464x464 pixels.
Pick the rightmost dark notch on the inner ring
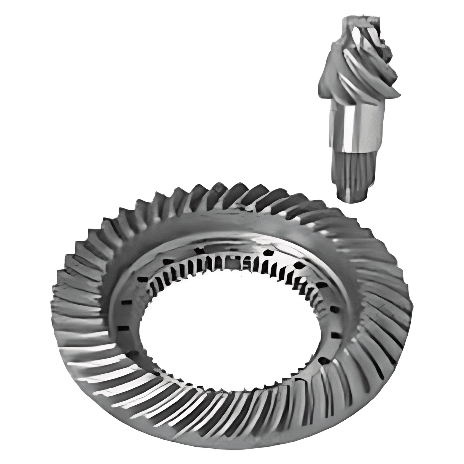[336, 336]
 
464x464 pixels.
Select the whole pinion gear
[359, 108]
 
